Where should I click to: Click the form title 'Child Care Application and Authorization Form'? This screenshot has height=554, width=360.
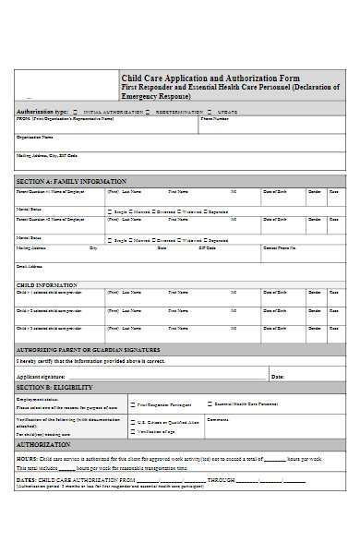coord(210,78)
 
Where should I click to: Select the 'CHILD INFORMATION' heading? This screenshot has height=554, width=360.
coord(46,284)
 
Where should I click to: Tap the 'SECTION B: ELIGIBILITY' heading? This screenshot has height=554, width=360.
coord(52,387)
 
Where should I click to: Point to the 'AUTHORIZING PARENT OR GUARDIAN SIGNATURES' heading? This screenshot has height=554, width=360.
coord(89,350)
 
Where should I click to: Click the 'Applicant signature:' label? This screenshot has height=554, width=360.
coord(41,377)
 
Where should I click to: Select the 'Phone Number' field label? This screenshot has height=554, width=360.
coord(214,118)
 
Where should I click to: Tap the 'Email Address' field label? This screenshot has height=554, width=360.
coord(29,267)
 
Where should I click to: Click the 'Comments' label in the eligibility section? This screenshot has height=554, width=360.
coord(218,420)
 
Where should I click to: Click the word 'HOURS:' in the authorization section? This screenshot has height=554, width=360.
coord(26,458)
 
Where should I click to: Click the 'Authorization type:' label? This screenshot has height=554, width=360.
coord(42,110)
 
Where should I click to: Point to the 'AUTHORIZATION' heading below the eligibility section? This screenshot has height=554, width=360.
coord(43,445)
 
